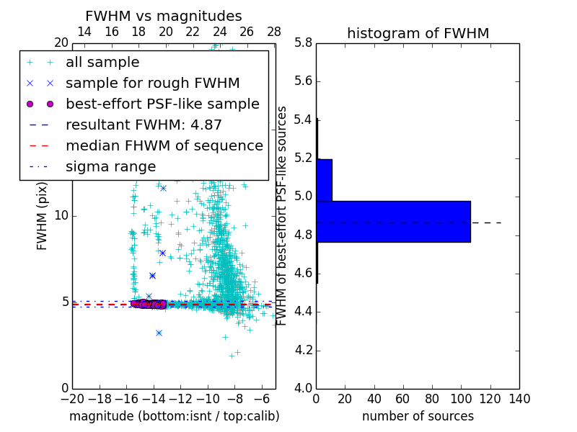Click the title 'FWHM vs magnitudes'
[164, 16]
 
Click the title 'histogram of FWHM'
[418, 33]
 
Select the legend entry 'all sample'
[102, 63]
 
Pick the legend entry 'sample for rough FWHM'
[152, 84]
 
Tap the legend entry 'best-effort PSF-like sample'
[162, 104]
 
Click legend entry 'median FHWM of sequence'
[164, 145]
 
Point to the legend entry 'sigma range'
[110, 166]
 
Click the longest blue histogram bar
[393, 221]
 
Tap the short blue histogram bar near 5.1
[324, 180]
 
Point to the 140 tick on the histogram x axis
[519, 399]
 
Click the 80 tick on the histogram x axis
[432, 399]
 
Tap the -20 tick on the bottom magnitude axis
[72, 399]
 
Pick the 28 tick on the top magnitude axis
[274, 32]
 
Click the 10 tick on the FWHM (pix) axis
[61, 216]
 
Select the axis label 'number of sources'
[418, 416]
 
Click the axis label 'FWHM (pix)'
[43, 216]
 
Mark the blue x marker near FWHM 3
[159, 333]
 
